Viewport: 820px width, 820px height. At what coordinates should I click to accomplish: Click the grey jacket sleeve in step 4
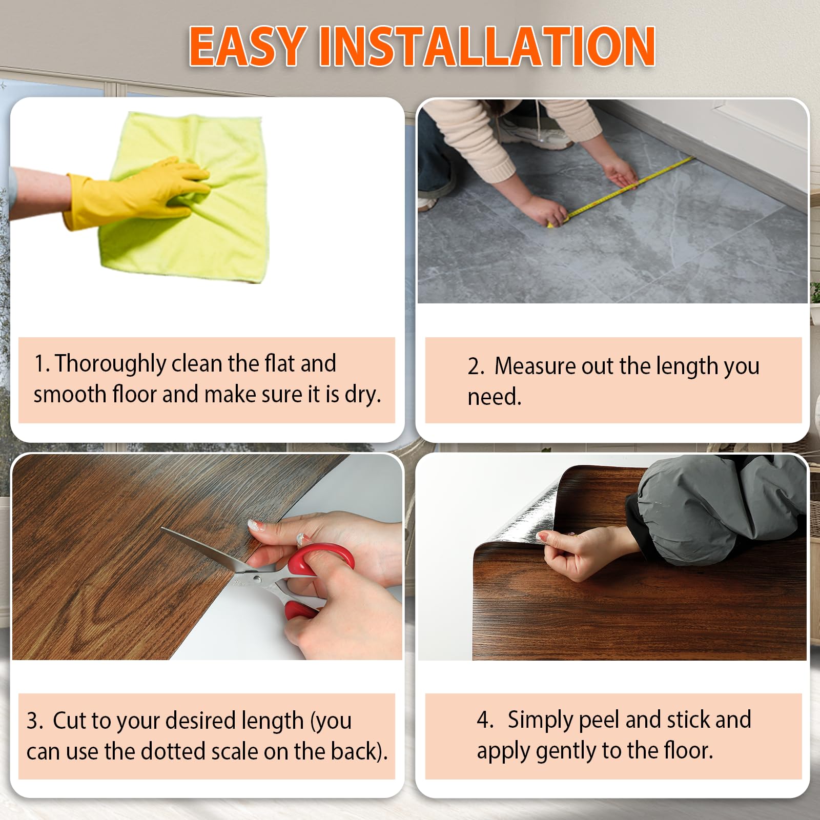pos(717,507)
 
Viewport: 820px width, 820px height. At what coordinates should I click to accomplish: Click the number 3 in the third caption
pos(33,721)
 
